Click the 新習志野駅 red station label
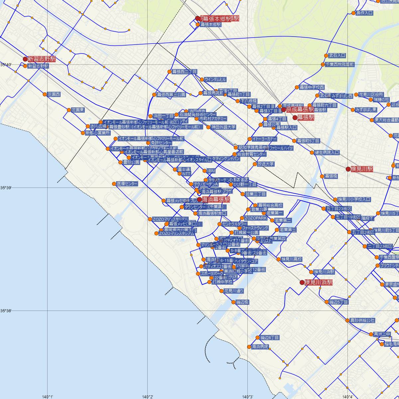(x=42, y=59)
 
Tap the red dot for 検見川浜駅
(x=302, y=283)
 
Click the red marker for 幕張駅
(x=295, y=117)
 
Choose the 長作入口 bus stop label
(x=364, y=13)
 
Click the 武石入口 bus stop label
(x=337, y=56)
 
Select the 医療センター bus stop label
(x=127, y=184)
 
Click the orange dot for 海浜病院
(x=249, y=347)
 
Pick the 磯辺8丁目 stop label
(x=270, y=337)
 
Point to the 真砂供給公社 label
(x=362, y=321)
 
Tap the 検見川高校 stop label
(x=292, y=259)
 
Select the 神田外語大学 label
(x=223, y=127)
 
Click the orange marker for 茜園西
(x=45, y=94)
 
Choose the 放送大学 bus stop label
(x=266, y=164)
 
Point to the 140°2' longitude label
(x=148, y=397)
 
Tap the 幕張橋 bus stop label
(x=331, y=176)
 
